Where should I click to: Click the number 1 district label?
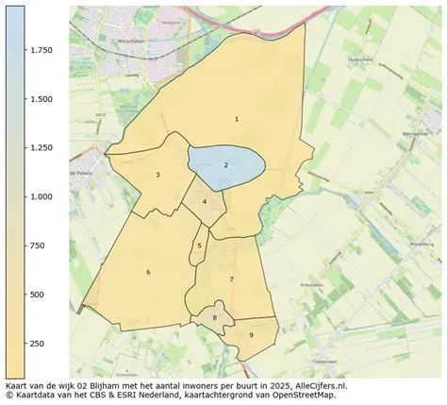pos(236,119)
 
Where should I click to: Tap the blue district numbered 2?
pos(225,165)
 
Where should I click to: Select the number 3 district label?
pos(157,175)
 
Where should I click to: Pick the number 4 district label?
pos(204,202)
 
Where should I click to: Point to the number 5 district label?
pos(199,245)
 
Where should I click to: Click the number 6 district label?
pos(148,272)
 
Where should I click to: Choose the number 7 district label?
pos(231,279)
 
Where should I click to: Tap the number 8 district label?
pos(214,318)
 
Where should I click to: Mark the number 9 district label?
pos(251,335)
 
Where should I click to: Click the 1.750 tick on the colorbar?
pos(40,49)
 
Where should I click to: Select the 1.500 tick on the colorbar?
pos(40,98)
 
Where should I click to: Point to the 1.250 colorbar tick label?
pos(40,147)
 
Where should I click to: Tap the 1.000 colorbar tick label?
pos(40,196)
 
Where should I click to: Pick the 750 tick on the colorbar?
pos(36,245)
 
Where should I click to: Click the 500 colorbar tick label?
pos(36,295)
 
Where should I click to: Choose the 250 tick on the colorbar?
pos(36,344)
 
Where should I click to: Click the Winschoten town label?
pos(120,40)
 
